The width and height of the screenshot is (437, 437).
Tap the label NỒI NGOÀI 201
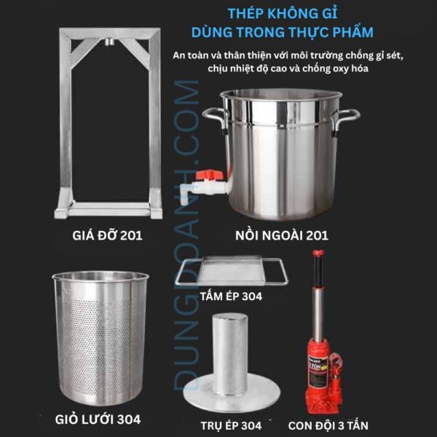click(x=282, y=235)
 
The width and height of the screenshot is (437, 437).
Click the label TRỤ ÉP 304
click(x=230, y=425)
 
